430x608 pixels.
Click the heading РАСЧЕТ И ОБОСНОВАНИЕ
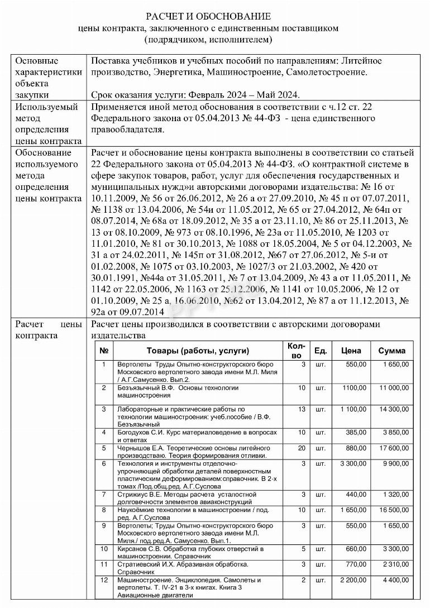pyautogui.click(x=208, y=16)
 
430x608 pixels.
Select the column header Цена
pyautogui.click(x=351, y=351)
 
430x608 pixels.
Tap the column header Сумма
pyautogui.click(x=392, y=351)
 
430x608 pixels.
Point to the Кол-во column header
pyautogui.click(x=297, y=351)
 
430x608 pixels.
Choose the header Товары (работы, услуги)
pyautogui.click(x=198, y=351)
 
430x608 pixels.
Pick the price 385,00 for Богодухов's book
pyautogui.click(x=356, y=433)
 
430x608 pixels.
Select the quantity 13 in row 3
pyautogui.click(x=302, y=409)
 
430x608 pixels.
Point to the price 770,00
pyautogui.click(x=356, y=564)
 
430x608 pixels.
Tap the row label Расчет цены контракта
pyautogui.click(x=49, y=329)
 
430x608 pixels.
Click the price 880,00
pyautogui.click(x=356, y=448)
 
